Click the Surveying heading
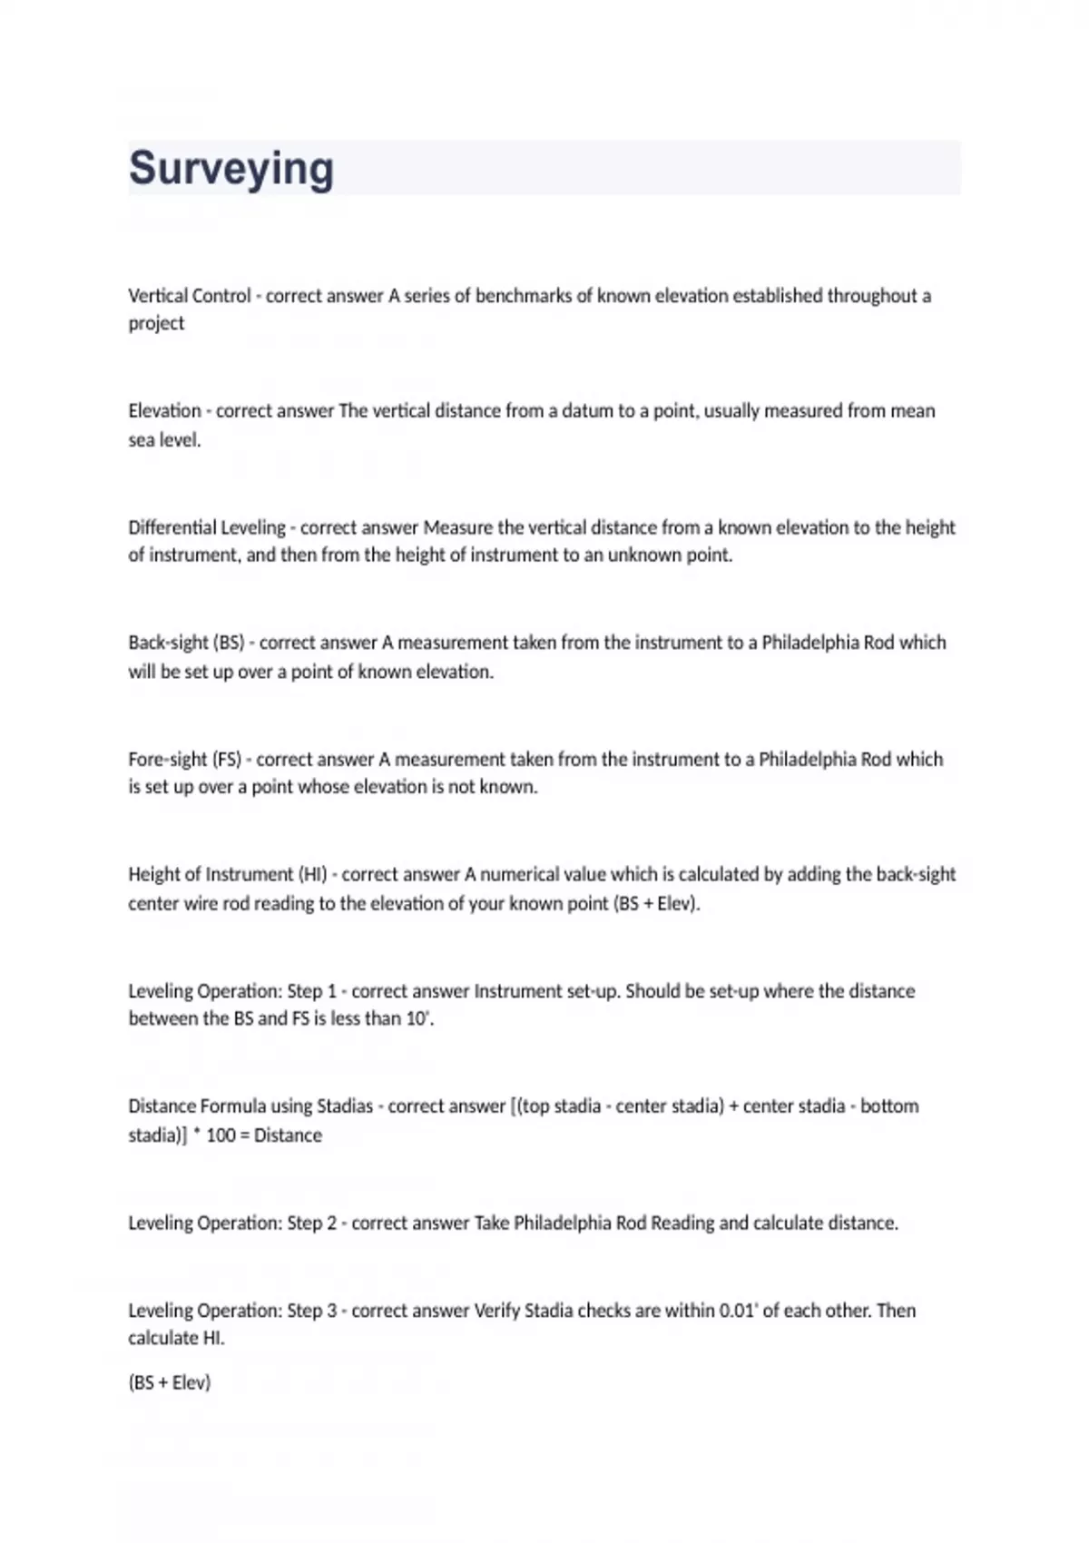pyautogui.click(x=231, y=169)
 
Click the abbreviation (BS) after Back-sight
pyautogui.click(x=229, y=644)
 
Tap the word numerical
pyautogui.click(x=520, y=875)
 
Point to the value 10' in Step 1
pyautogui.click(x=418, y=1019)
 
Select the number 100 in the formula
pyautogui.click(x=221, y=1135)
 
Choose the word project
pyautogui.click(x=156, y=324)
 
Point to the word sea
pyautogui.click(x=141, y=440)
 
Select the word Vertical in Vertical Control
pyautogui.click(x=157, y=296)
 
